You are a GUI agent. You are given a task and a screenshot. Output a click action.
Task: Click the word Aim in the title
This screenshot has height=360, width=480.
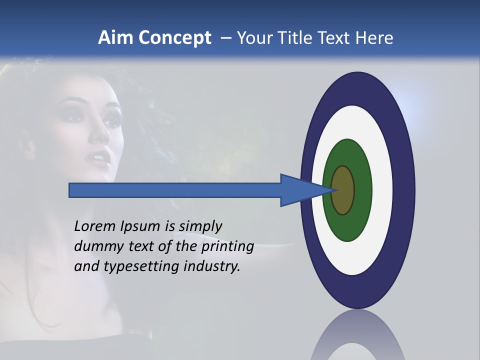click(x=115, y=38)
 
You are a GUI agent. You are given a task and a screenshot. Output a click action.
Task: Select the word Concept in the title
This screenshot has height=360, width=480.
click(x=174, y=38)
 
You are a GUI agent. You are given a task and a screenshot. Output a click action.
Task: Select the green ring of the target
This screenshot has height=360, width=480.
click(x=363, y=190)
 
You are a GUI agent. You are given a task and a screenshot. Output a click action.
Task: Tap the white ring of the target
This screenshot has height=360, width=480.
click(x=383, y=190)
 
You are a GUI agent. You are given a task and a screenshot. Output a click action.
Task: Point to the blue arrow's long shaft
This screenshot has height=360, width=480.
click(x=175, y=190)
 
